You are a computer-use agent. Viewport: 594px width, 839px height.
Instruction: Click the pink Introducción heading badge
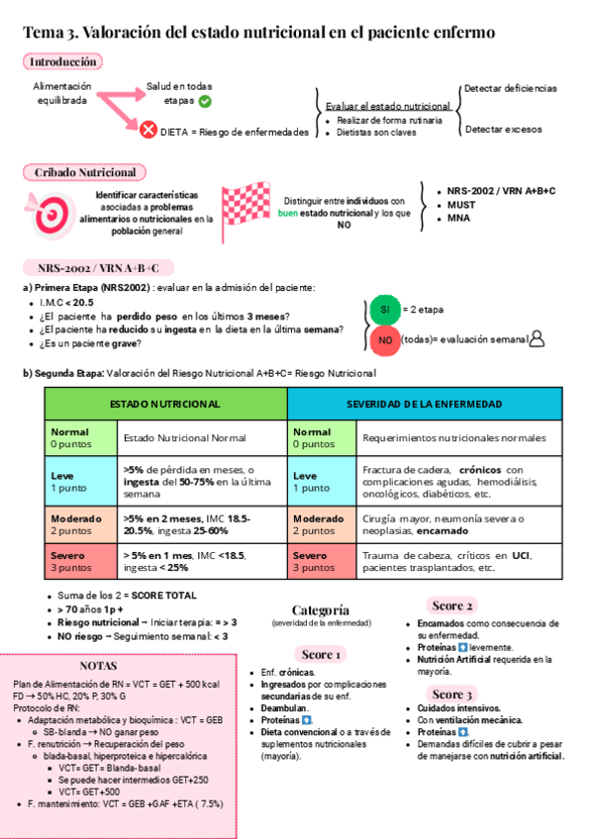tap(62, 61)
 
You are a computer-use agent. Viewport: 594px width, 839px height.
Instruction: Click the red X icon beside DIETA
tap(148, 131)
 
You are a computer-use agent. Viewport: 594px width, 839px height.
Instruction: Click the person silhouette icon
tap(538, 339)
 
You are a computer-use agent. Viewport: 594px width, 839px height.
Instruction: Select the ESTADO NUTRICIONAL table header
tap(165, 405)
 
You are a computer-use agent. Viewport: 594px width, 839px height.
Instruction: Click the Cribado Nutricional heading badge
tap(84, 172)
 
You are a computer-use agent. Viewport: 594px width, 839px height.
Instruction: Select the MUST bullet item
tap(462, 204)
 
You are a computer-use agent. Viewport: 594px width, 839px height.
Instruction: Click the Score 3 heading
tap(452, 694)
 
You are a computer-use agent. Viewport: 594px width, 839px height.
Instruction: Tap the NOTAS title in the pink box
tap(98, 666)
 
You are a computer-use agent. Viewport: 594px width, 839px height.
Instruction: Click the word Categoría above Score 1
tap(321, 609)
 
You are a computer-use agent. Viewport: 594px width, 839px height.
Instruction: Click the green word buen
tap(288, 214)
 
